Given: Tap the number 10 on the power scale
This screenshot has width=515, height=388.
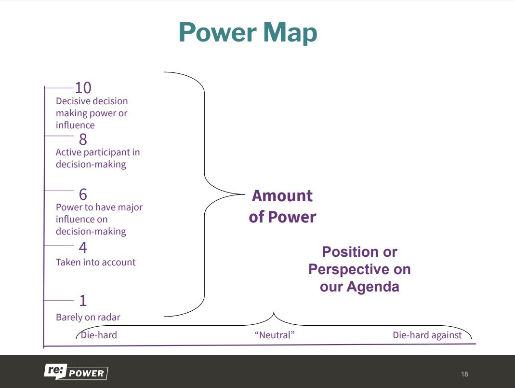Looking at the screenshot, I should click(83, 88).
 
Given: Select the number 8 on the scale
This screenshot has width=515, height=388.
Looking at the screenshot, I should click(83, 139).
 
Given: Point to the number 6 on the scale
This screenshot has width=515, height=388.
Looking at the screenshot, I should click(83, 194).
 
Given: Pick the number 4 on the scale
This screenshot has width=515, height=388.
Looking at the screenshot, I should click(83, 248).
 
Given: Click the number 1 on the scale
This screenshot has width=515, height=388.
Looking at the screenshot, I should click(83, 301).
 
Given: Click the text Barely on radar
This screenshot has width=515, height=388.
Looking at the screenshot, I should click(88, 318).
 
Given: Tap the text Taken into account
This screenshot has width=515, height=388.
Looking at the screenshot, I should click(95, 263).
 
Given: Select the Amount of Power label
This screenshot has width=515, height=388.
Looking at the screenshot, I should click(282, 206).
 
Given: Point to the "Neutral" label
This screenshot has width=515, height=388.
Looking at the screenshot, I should click(274, 335).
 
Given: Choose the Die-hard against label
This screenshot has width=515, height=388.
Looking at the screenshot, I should click(427, 335).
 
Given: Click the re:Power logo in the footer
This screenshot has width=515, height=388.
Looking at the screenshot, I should click(76, 372).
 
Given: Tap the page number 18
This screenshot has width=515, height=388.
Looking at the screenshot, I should click(464, 374).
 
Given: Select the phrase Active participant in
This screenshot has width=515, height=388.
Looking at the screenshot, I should click(98, 152).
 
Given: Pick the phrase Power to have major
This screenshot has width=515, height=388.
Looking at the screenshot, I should click(99, 208).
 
